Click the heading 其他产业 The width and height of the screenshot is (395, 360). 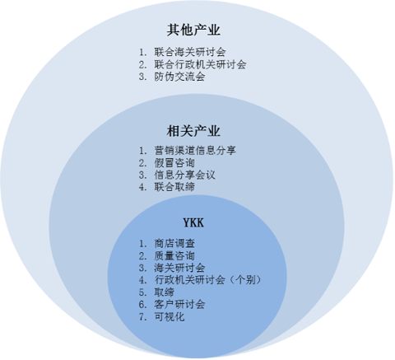(193, 30)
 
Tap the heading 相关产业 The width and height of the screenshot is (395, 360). (193, 131)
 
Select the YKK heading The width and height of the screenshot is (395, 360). (193, 222)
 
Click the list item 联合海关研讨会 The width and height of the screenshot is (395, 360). (190, 52)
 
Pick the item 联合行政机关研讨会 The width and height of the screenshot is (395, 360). (200, 64)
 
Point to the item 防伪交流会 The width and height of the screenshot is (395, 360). (179, 77)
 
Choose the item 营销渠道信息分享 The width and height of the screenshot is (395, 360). (195, 150)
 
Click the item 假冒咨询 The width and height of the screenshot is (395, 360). (174, 162)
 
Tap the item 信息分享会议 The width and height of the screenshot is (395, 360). (184, 175)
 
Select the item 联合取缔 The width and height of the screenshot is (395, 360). (174, 187)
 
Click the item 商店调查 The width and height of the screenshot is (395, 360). (174, 244)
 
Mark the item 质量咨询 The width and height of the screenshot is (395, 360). (174, 256)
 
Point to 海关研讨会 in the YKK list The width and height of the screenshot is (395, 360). (179, 268)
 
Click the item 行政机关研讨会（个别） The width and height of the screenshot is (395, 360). (208, 280)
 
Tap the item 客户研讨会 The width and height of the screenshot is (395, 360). (179, 304)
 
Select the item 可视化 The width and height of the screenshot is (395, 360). (170, 317)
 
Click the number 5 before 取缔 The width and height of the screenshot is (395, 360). (142, 292)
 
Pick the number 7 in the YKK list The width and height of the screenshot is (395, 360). (142, 317)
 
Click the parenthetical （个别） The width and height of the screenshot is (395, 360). (244, 280)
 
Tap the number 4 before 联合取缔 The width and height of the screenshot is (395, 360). (142, 187)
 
